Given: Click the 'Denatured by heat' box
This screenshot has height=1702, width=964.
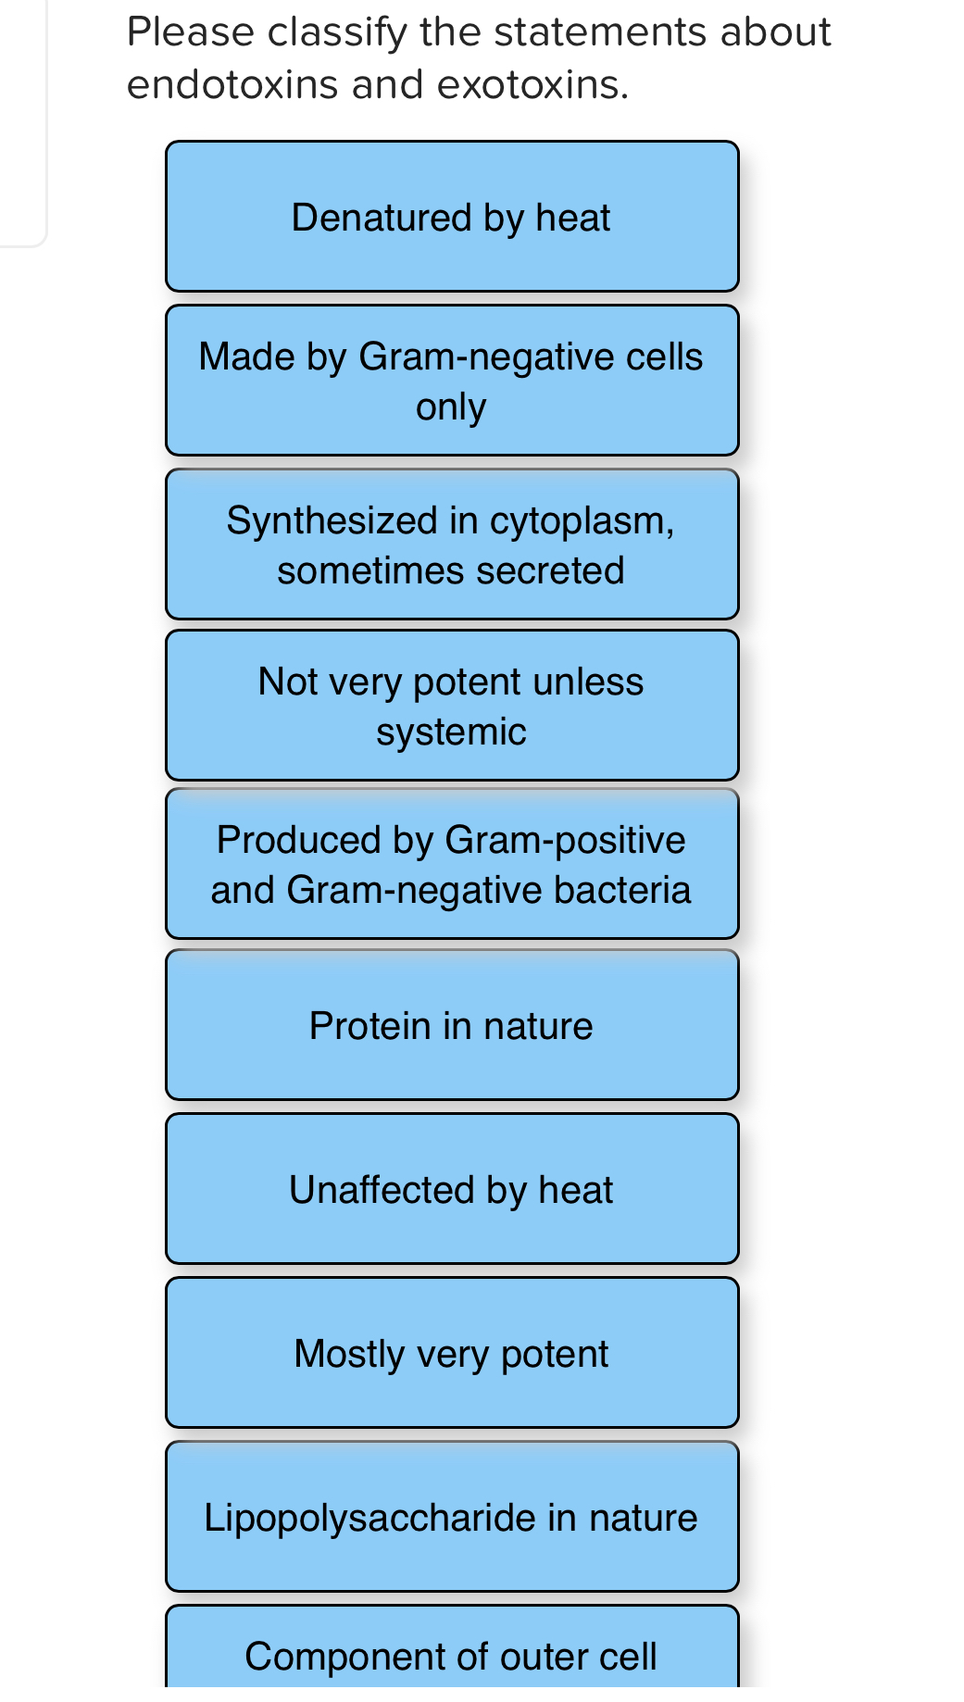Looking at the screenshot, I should coord(452,217).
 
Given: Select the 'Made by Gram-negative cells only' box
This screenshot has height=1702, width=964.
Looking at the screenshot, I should coord(452,381).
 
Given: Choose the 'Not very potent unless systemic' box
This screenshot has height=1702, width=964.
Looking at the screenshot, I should coord(452,706).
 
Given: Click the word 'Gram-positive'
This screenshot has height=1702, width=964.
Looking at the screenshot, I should coord(565,840).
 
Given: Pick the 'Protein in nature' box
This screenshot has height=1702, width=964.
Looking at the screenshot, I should coord(452,1025).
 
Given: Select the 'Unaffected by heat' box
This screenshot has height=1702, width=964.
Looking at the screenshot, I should coord(452,1189).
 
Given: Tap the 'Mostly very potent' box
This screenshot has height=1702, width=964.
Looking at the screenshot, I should coord(452,1353).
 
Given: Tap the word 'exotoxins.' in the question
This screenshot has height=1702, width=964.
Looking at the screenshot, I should coord(532,85).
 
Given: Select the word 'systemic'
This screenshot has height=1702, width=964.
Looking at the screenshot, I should coord(451,732).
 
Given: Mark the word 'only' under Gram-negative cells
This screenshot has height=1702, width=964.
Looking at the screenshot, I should coord(451,407).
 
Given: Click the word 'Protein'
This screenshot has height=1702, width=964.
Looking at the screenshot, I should coord(369,1026).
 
